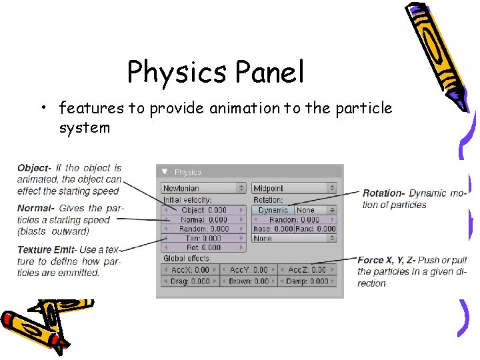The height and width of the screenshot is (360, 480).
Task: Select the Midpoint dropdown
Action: (294, 189)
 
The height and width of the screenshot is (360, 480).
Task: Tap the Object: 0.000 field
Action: (204, 210)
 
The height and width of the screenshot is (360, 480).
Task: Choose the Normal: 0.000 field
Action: (204, 219)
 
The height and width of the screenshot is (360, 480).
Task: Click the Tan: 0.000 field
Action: (204, 238)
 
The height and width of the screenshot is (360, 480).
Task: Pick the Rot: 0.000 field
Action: (204, 247)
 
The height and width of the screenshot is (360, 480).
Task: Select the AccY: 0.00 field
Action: (249, 270)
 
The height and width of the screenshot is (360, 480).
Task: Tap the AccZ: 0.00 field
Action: (307, 270)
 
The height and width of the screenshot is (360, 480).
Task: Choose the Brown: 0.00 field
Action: (249, 281)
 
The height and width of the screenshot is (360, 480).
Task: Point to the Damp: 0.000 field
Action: (307, 281)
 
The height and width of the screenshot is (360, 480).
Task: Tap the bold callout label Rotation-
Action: (384, 193)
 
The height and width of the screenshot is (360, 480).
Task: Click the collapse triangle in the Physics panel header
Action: (165, 172)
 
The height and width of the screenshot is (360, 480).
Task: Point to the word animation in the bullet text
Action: (244, 107)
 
